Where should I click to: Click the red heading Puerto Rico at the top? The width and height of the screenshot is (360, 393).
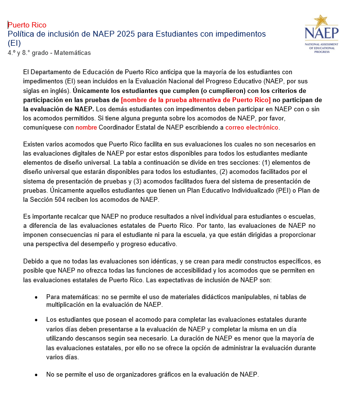27,25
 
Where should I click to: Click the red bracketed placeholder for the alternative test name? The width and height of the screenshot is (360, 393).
196,100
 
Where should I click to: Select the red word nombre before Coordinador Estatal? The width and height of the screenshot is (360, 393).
86,127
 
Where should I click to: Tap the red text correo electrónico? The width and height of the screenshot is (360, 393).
252,127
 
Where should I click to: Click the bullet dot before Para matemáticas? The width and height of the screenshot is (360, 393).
37,297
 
